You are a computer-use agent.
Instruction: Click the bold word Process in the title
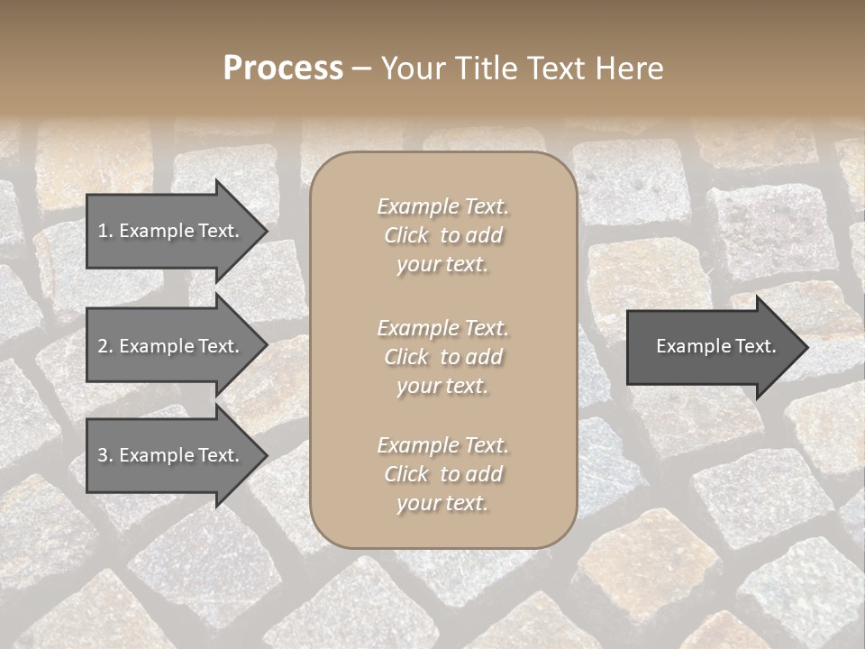[x=283, y=69]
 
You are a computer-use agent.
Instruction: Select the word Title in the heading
[x=485, y=69]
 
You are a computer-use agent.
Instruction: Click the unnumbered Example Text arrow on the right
[x=712, y=346]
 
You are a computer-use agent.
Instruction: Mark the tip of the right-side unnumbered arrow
[x=806, y=346]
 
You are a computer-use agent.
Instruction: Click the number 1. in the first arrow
[x=105, y=231]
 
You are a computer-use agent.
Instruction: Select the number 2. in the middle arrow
[x=105, y=346]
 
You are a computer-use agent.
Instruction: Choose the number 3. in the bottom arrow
[x=105, y=455]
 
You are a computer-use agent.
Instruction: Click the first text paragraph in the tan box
[x=442, y=235]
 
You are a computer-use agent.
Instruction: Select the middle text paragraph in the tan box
[x=442, y=357]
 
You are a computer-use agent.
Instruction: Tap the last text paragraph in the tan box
[x=442, y=474]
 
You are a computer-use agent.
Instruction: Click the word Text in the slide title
[x=554, y=69]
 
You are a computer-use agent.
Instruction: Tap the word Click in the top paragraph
[x=406, y=236]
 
